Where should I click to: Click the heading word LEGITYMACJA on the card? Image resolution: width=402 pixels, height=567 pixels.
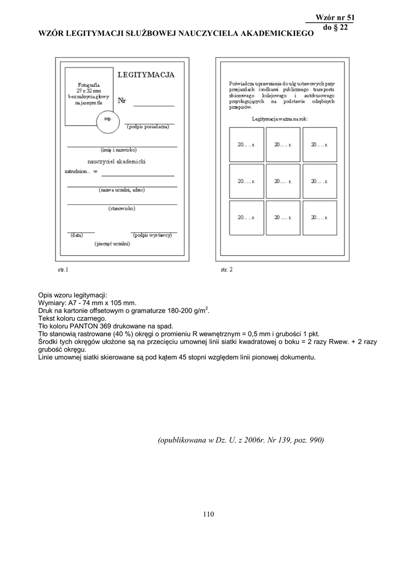(146, 75)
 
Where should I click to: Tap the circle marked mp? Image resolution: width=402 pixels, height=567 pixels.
(108, 120)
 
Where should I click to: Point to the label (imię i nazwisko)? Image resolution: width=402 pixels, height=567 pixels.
(119, 150)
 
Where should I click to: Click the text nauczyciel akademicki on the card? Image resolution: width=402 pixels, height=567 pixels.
(116, 161)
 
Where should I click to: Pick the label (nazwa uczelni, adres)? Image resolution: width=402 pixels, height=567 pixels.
(122, 190)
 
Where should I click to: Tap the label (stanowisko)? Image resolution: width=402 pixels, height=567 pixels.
(121, 209)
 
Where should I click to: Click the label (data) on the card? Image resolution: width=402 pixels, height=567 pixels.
(77, 235)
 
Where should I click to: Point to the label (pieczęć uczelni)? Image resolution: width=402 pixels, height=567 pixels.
(113, 244)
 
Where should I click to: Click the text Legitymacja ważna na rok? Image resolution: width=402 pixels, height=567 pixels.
(280, 119)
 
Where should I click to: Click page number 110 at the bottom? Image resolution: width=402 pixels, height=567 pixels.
(208, 514)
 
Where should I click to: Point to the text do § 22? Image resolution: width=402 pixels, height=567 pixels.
(335, 28)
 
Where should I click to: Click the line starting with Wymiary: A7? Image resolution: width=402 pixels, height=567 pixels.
(87, 303)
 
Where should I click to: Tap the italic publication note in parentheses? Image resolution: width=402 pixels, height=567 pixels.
(241, 440)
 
